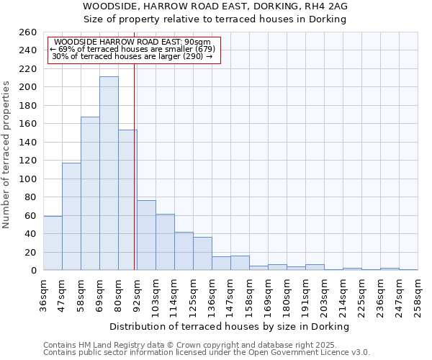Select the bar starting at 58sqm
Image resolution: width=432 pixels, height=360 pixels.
(90, 194)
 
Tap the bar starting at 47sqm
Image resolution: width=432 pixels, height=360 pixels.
(71, 217)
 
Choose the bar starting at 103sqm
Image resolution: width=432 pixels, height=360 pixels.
(165, 242)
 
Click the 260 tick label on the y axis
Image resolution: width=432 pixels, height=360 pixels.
(28, 32)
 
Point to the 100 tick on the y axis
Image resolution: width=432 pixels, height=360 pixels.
(28, 179)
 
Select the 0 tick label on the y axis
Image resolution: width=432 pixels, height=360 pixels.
(34, 271)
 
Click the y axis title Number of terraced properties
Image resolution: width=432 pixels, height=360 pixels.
(7, 155)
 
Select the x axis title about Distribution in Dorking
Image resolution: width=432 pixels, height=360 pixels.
(230, 327)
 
